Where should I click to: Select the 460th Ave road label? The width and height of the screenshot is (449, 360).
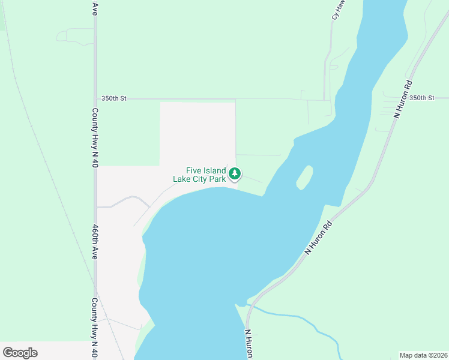pos(95,242)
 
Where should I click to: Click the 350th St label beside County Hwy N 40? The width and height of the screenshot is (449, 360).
pos(114,98)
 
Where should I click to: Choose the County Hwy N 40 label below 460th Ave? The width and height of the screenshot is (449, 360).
pos(95,327)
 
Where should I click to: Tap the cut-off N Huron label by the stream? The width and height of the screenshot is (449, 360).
pos(248,344)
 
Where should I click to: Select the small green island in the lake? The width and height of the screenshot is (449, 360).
pos(304,177)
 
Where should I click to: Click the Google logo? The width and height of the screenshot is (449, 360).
pos(20,353)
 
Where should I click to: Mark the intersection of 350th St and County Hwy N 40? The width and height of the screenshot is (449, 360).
pos(95,98)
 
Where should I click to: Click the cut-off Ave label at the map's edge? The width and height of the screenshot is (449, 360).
pos(95,8)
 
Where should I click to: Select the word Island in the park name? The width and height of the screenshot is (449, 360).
pos(214,170)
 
